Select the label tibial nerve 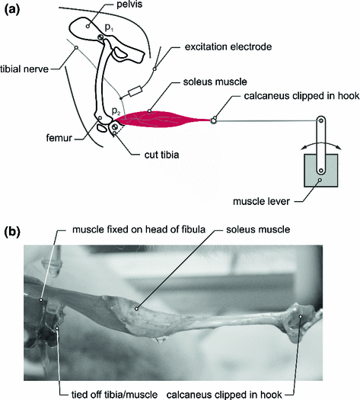pyautogui.click(x=24, y=69)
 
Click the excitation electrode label pyautogui.click(x=228, y=46)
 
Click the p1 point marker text pyautogui.click(x=109, y=27)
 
